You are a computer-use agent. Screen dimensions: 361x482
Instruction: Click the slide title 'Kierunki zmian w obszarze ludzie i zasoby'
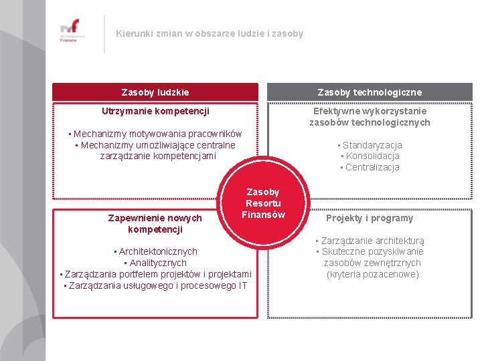tap(209, 33)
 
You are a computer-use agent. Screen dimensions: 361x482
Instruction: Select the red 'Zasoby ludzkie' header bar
tap(155, 92)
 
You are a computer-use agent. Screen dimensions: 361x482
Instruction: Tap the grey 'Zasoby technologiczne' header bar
tap(370, 92)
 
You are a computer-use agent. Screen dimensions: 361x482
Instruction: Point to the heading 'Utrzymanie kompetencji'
tap(155, 110)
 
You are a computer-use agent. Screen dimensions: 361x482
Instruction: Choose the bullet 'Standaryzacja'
tap(370, 145)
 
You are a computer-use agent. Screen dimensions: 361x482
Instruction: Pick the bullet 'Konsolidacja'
tap(370, 156)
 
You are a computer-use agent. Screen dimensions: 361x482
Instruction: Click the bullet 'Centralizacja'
tap(370, 167)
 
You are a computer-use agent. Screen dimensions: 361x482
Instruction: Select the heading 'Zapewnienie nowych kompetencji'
tap(155, 223)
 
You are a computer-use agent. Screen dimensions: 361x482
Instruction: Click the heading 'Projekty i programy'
tap(370, 218)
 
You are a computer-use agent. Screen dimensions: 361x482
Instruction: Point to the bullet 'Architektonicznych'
tap(155, 251)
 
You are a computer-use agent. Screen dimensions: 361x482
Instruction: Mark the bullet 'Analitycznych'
tap(155, 263)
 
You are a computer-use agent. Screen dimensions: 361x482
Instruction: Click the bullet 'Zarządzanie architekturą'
tap(370, 241)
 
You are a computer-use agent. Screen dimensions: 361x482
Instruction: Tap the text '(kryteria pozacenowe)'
tap(373, 274)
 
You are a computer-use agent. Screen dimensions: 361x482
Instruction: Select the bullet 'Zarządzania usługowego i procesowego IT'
tap(155, 285)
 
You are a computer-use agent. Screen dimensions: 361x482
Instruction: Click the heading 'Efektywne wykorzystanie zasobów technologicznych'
tap(370, 116)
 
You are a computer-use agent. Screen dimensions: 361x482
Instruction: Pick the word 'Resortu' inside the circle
tap(263, 203)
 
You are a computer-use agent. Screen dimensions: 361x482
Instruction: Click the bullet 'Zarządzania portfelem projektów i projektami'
tap(155, 274)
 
